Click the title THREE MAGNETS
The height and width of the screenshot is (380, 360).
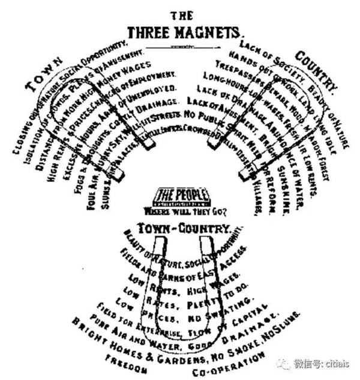pyautogui.click(x=184, y=31)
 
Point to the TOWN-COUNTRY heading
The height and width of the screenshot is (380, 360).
pyautogui.click(x=183, y=228)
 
